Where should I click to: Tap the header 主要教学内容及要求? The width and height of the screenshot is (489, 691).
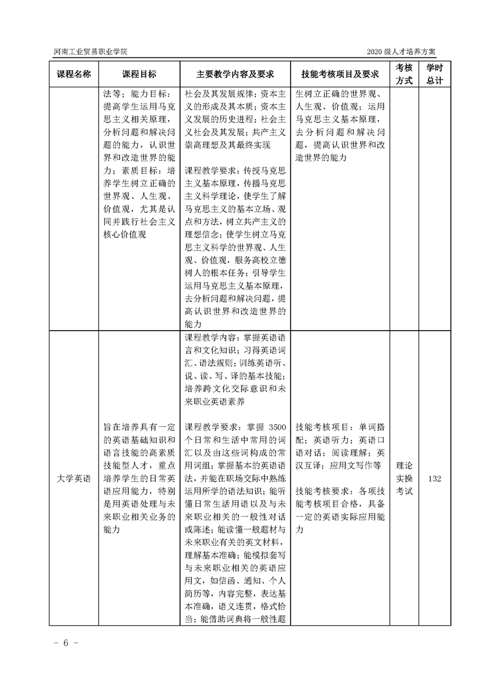tap(235, 75)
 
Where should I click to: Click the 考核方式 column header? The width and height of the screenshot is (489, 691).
tap(404, 75)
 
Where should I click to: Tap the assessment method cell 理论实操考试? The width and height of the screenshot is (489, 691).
tap(404, 479)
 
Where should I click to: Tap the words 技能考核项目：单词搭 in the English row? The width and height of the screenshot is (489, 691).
tap(339, 427)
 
